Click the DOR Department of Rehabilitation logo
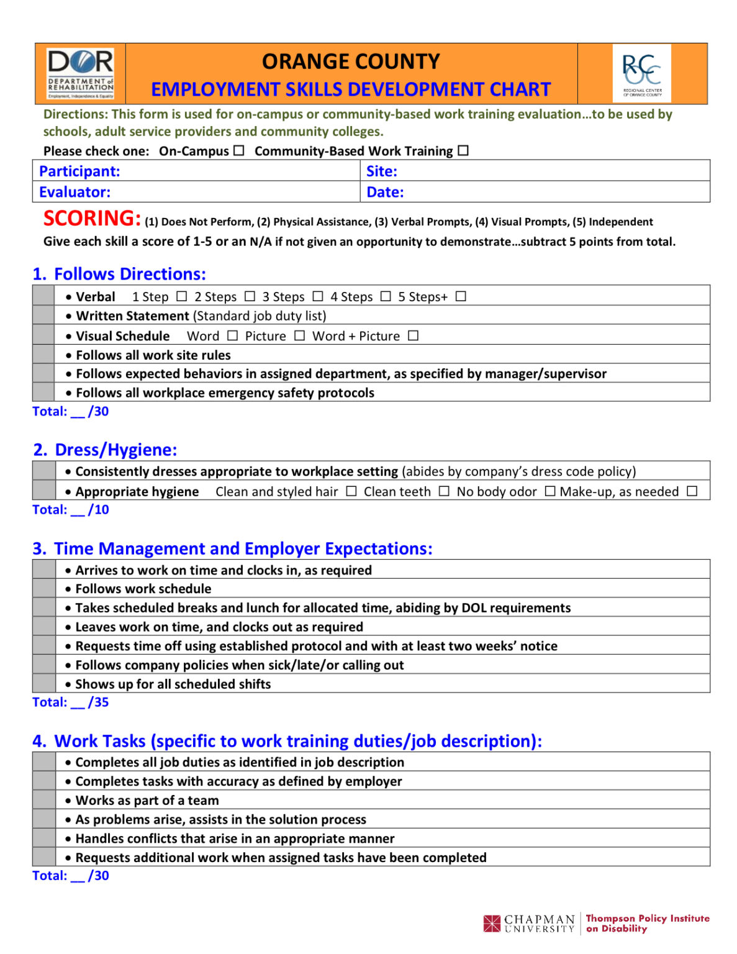(81, 74)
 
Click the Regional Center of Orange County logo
(641, 73)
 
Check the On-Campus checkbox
(239, 150)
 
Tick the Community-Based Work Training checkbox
(463, 150)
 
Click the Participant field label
(79, 171)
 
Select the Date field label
(385, 192)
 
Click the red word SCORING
(92, 219)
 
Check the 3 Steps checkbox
(317, 296)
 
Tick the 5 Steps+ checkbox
(460, 296)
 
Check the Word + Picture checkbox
(413, 335)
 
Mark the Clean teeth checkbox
(443, 491)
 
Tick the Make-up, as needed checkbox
(692, 491)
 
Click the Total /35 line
(71, 702)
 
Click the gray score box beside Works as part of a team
(44, 800)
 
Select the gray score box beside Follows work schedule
(44, 588)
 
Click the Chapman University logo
(529, 923)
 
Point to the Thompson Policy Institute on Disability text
(647, 923)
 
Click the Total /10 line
(71, 509)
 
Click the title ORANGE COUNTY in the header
(351, 61)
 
